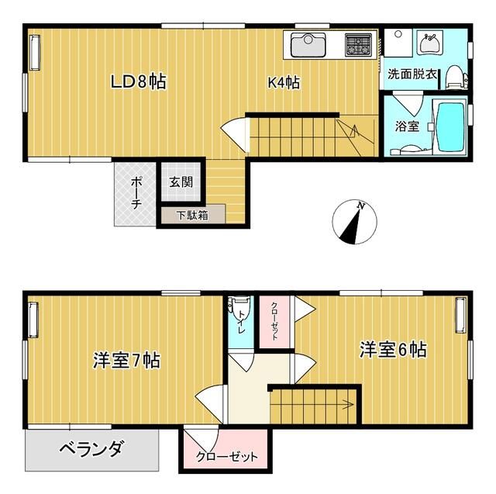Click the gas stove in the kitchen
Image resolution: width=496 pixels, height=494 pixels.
pos(358,45)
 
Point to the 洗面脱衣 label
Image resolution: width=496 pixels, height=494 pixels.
pos(412,76)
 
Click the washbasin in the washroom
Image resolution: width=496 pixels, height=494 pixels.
pos(428,43)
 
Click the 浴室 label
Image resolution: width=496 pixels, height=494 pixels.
pos(407,126)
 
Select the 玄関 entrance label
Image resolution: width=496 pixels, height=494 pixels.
pos(182,183)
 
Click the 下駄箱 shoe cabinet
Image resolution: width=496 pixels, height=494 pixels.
pos(191,215)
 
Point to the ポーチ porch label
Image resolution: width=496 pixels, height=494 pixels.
pos(136,193)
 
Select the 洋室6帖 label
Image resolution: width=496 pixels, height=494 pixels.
pos(392,350)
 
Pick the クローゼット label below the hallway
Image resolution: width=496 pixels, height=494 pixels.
pos(226,457)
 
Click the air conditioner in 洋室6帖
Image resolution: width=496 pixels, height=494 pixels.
pos(461,316)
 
